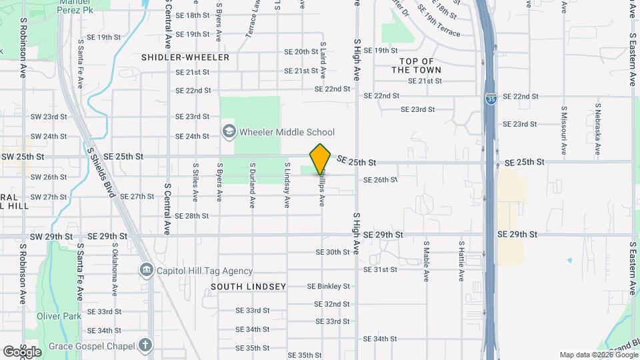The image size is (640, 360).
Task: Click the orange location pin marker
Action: pyautogui.click(x=321, y=159)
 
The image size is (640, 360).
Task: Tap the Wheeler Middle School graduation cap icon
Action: pyautogui.click(x=228, y=132)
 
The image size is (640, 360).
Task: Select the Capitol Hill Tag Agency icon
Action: pyautogui.click(x=146, y=271)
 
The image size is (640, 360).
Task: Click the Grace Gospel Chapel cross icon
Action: pyautogui.click(x=146, y=345)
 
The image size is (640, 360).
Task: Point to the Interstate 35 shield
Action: pyautogui.click(x=491, y=99)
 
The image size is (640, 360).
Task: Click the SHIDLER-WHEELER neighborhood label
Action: pyautogui.click(x=185, y=57)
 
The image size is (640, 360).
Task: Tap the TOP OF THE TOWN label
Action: pyautogui.click(x=417, y=65)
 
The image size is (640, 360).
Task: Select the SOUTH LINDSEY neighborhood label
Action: pyautogui.click(x=248, y=287)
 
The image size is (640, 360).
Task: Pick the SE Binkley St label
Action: pyautogui.click(x=328, y=287)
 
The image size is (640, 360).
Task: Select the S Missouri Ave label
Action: pyautogui.click(x=564, y=127)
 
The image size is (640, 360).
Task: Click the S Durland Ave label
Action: pyautogui.click(x=253, y=185)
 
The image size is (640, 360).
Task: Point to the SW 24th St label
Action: pyautogui.click(x=49, y=136)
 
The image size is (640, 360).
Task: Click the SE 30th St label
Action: pyautogui.click(x=333, y=252)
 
